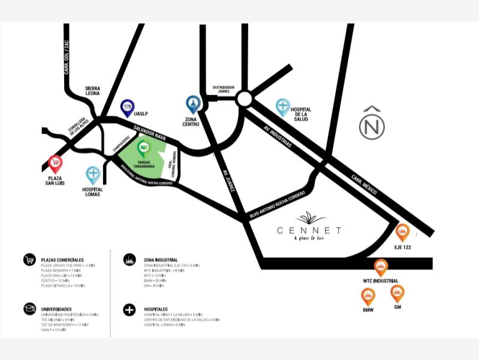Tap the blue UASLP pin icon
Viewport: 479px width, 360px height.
(127, 108)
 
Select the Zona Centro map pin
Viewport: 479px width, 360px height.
(192, 104)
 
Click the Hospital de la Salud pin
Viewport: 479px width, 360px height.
(283, 107)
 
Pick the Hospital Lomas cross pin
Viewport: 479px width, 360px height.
(93, 175)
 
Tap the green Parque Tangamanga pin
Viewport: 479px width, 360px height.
(143, 148)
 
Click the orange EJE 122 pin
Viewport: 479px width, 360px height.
(402, 232)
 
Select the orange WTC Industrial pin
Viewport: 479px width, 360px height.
(381, 268)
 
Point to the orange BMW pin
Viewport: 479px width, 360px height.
(368, 296)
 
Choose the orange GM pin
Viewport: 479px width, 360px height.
(397, 293)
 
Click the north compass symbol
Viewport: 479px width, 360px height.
(372, 124)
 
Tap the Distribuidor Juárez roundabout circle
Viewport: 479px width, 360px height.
(244, 98)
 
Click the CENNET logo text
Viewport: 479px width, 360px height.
(309, 230)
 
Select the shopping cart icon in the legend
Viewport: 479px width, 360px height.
(29, 260)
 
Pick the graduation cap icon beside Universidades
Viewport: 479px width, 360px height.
(29, 308)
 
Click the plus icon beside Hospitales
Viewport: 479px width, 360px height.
(129, 309)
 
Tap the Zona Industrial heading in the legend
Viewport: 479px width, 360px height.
(158, 259)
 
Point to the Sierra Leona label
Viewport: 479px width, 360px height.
(92, 91)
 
